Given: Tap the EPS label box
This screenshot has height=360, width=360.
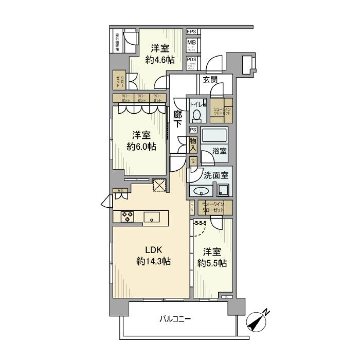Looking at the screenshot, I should pyautogui.click(x=192, y=31).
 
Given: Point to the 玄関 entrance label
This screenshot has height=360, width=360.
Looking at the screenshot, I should pyautogui.click(x=211, y=79).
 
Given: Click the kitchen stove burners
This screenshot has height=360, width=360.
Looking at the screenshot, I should pyautogui.click(x=127, y=216).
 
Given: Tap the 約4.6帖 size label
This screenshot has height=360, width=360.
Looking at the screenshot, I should pyautogui.click(x=160, y=59).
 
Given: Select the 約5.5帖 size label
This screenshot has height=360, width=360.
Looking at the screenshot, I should pyautogui.click(x=212, y=263).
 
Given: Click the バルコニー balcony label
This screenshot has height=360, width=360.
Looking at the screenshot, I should pyautogui.click(x=175, y=319).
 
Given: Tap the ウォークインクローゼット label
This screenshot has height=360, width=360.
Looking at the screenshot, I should pyautogui.click(x=213, y=207).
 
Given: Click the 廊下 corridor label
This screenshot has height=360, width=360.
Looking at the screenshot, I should pyautogui.click(x=178, y=120).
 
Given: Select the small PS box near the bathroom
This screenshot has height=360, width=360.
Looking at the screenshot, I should pyautogui.click(x=193, y=130).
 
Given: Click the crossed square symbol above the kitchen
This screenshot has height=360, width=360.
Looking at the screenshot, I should pyautogui.click(x=159, y=185).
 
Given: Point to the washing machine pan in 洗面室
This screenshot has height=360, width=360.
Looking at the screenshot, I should pyautogui.click(x=223, y=189).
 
